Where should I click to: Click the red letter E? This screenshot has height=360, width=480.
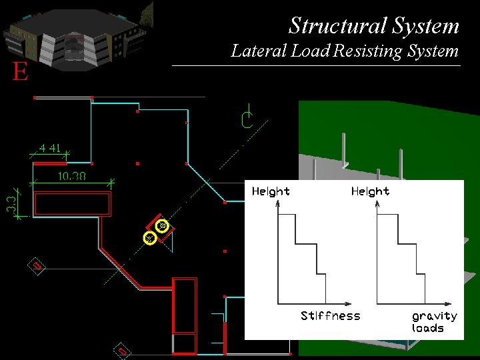click(x=21, y=72)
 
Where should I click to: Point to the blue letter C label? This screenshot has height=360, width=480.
click(x=247, y=120)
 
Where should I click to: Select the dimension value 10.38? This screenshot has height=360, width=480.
click(x=71, y=177)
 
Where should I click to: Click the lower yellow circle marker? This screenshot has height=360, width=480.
click(x=150, y=238)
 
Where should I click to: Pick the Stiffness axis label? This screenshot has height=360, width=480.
click(x=330, y=316)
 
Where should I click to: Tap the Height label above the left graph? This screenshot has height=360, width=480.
click(x=271, y=191)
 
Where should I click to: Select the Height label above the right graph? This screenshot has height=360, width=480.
click(x=370, y=191)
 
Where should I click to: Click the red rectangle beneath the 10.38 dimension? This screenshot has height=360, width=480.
click(x=72, y=203)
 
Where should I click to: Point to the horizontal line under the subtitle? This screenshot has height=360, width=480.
click(x=316, y=65)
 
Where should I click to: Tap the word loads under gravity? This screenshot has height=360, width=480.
click(x=428, y=328)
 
